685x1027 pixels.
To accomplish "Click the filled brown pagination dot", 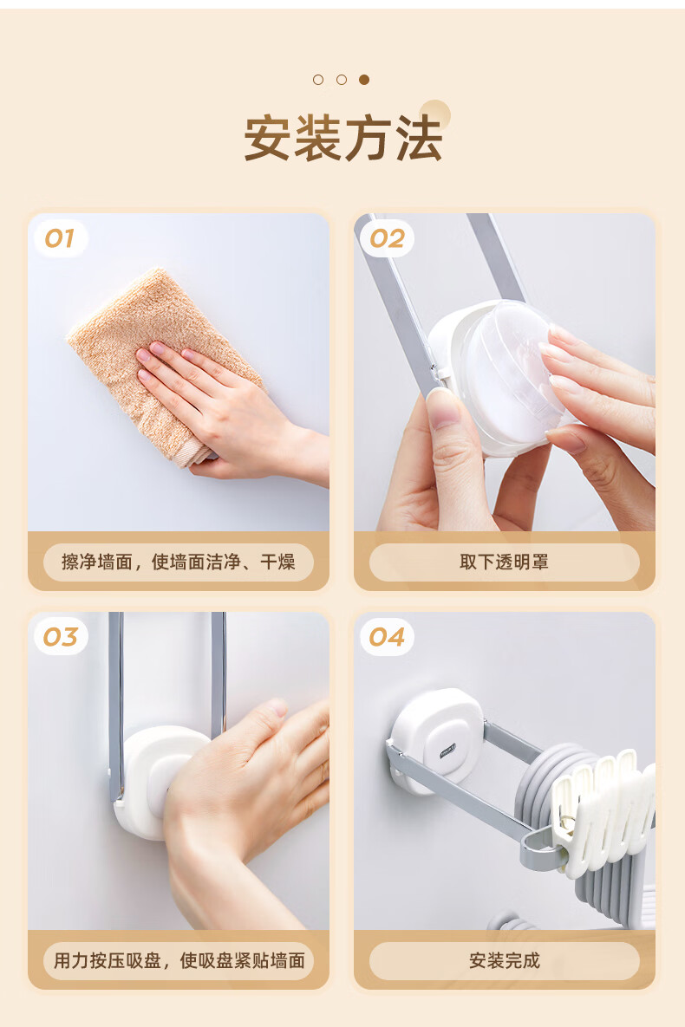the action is click(x=364, y=80).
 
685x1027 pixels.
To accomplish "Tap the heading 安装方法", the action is click(x=342, y=138).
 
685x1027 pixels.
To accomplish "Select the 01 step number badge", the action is click(x=60, y=238).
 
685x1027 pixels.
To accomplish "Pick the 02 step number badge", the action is click(x=387, y=238).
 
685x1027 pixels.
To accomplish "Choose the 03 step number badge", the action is click(x=61, y=637).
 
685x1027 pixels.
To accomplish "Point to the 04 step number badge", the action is click(x=387, y=637).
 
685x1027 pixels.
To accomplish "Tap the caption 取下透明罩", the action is click(x=504, y=562).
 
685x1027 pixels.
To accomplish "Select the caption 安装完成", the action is click(x=504, y=961).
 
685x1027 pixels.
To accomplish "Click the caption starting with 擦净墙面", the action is click(x=179, y=562).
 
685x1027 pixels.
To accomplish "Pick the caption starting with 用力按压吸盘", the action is click(x=179, y=961).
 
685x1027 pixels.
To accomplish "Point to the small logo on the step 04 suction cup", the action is click(x=449, y=752).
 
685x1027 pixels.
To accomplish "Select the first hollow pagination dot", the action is click(x=318, y=80).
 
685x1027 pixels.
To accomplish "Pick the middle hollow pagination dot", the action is click(x=341, y=80).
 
